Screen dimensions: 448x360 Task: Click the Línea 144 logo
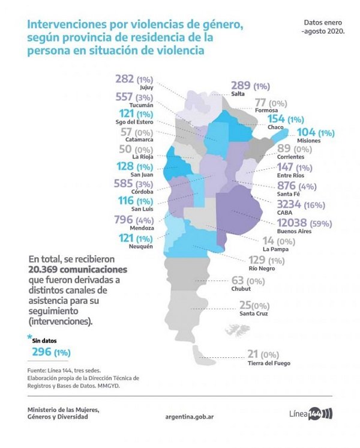point(311,414)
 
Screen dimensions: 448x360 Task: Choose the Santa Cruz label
point(254,313)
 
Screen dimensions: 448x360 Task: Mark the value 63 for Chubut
point(238,279)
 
